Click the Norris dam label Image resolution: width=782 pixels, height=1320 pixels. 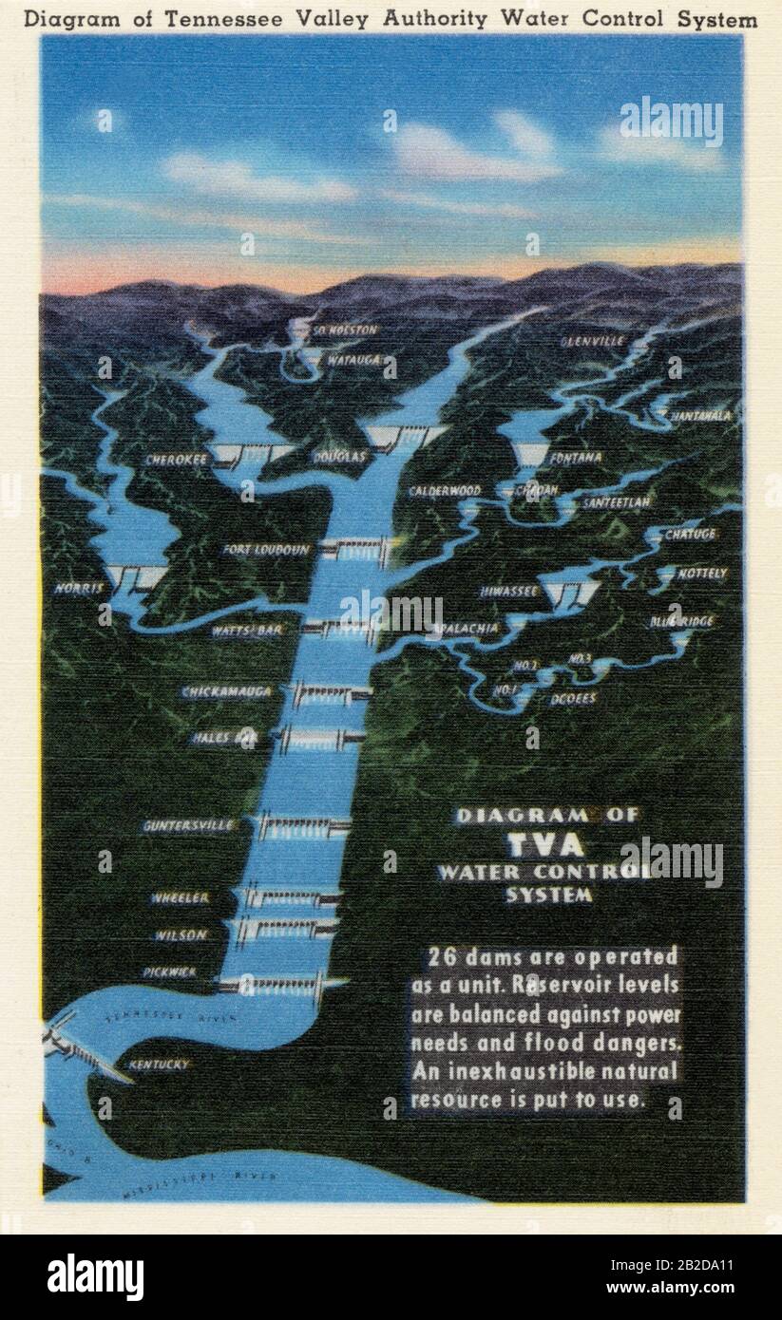click(x=79, y=589)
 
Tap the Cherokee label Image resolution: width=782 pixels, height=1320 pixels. click(x=177, y=460)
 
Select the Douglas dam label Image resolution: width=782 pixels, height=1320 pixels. click(x=339, y=457)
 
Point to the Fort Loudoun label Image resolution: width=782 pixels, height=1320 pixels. click(x=267, y=550)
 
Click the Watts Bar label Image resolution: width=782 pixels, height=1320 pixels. click(x=247, y=629)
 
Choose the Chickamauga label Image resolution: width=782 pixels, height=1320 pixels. click(x=227, y=692)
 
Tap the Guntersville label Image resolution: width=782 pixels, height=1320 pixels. click(x=188, y=826)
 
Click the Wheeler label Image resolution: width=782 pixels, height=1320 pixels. click(x=180, y=897)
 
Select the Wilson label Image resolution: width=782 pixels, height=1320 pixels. click(x=181, y=935)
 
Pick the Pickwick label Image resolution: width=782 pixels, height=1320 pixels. click(x=169, y=972)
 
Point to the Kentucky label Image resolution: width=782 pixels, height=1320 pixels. click(x=159, y=1065)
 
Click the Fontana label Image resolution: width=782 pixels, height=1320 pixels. click(x=575, y=458)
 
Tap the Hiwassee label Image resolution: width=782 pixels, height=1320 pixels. click(x=509, y=591)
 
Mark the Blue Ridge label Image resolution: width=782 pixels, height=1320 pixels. click(x=681, y=622)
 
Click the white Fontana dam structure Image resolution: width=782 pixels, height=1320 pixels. click(x=530, y=455)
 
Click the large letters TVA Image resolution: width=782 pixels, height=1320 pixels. click(x=545, y=844)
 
